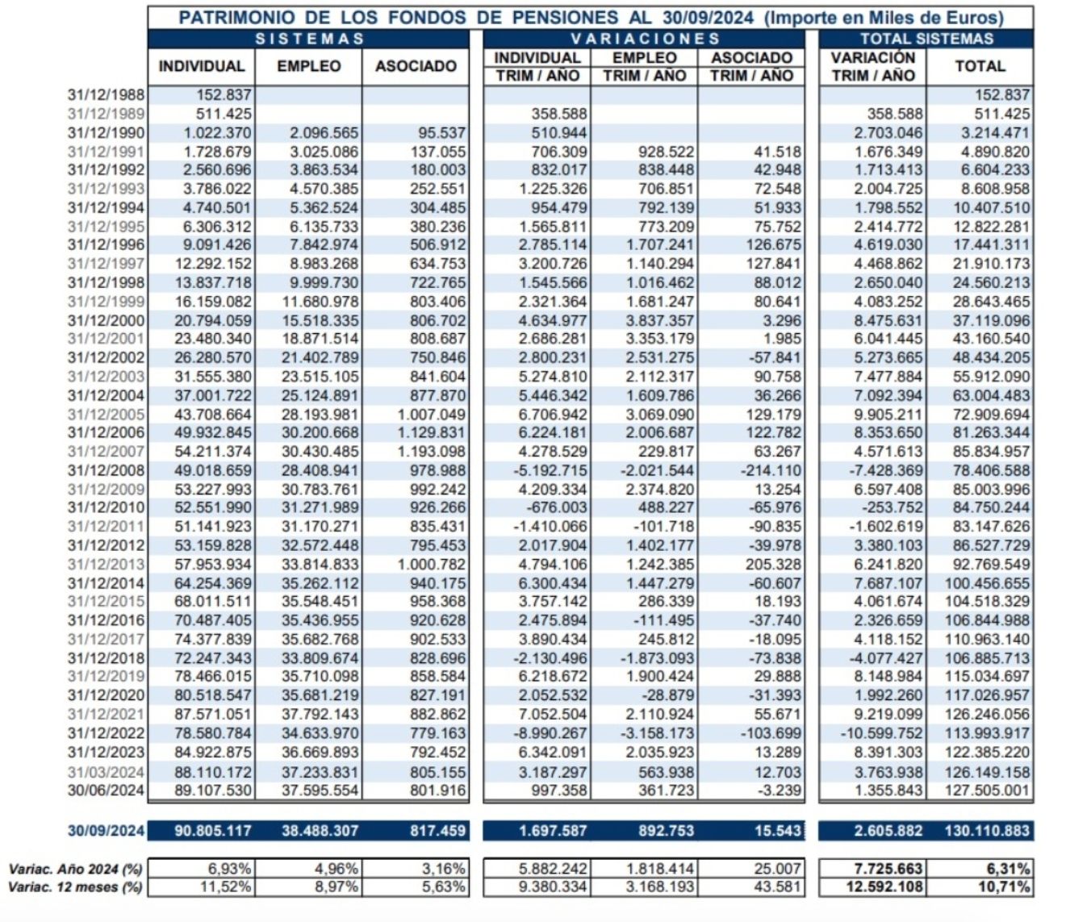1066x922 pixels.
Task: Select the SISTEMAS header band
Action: point(309,39)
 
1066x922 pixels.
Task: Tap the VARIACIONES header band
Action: point(644,39)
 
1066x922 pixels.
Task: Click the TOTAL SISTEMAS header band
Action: point(926,39)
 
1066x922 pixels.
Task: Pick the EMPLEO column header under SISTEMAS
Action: point(308,66)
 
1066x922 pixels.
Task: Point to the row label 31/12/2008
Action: point(106,470)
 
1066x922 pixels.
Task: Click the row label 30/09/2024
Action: point(106,830)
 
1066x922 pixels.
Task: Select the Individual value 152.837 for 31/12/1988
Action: point(224,95)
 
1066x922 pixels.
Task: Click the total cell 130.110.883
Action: point(986,830)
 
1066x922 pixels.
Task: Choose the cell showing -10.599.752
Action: point(882,733)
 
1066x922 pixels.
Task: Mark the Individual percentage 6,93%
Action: point(230,869)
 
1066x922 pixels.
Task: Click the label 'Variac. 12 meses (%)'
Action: point(75,887)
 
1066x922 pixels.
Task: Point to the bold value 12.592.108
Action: point(882,887)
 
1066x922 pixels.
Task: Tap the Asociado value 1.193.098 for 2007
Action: point(431,452)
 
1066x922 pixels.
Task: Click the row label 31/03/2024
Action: point(106,772)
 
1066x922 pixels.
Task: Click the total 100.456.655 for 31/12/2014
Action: point(986,583)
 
